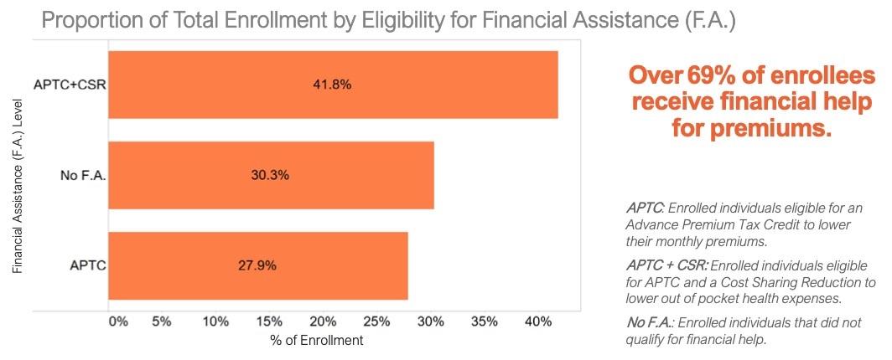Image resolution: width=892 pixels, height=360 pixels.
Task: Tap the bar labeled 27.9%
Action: coord(257,265)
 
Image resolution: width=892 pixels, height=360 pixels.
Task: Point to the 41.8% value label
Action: coord(334,85)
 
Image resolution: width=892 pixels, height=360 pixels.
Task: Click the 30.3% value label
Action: coord(270,176)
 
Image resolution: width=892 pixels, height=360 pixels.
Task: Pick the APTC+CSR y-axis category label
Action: coord(68,85)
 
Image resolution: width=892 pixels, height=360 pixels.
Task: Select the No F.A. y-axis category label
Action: coord(80,176)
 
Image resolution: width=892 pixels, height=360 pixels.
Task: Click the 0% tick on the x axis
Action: coord(117,321)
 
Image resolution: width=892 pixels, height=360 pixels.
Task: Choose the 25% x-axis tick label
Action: coord(377,321)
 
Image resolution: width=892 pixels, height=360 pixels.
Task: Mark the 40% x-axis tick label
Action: coord(538,321)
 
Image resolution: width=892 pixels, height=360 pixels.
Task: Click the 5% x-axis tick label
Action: coord(163,321)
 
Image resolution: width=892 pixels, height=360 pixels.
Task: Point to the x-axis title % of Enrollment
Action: coord(317,341)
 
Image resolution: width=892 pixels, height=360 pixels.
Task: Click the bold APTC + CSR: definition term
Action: coord(656,265)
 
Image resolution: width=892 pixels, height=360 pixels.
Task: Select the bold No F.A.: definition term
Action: coord(651,321)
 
